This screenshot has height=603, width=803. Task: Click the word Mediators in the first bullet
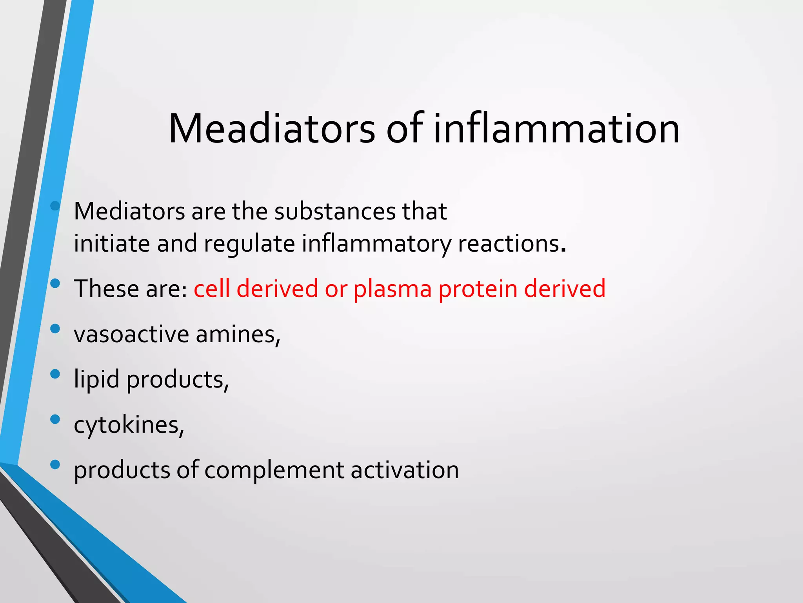pyautogui.click(x=129, y=212)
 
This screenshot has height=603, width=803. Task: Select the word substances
pyautogui.click(x=335, y=212)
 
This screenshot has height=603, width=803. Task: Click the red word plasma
pyautogui.click(x=392, y=289)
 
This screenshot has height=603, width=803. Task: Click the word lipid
pyautogui.click(x=96, y=380)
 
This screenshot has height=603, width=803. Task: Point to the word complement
pyautogui.click(x=274, y=470)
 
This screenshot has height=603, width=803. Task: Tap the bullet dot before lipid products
pyautogui.click(x=55, y=374)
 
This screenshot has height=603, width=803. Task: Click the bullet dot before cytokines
pyautogui.click(x=55, y=419)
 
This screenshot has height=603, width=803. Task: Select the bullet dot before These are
pyautogui.click(x=55, y=283)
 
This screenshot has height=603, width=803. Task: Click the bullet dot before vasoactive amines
pyautogui.click(x=55, y=329)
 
